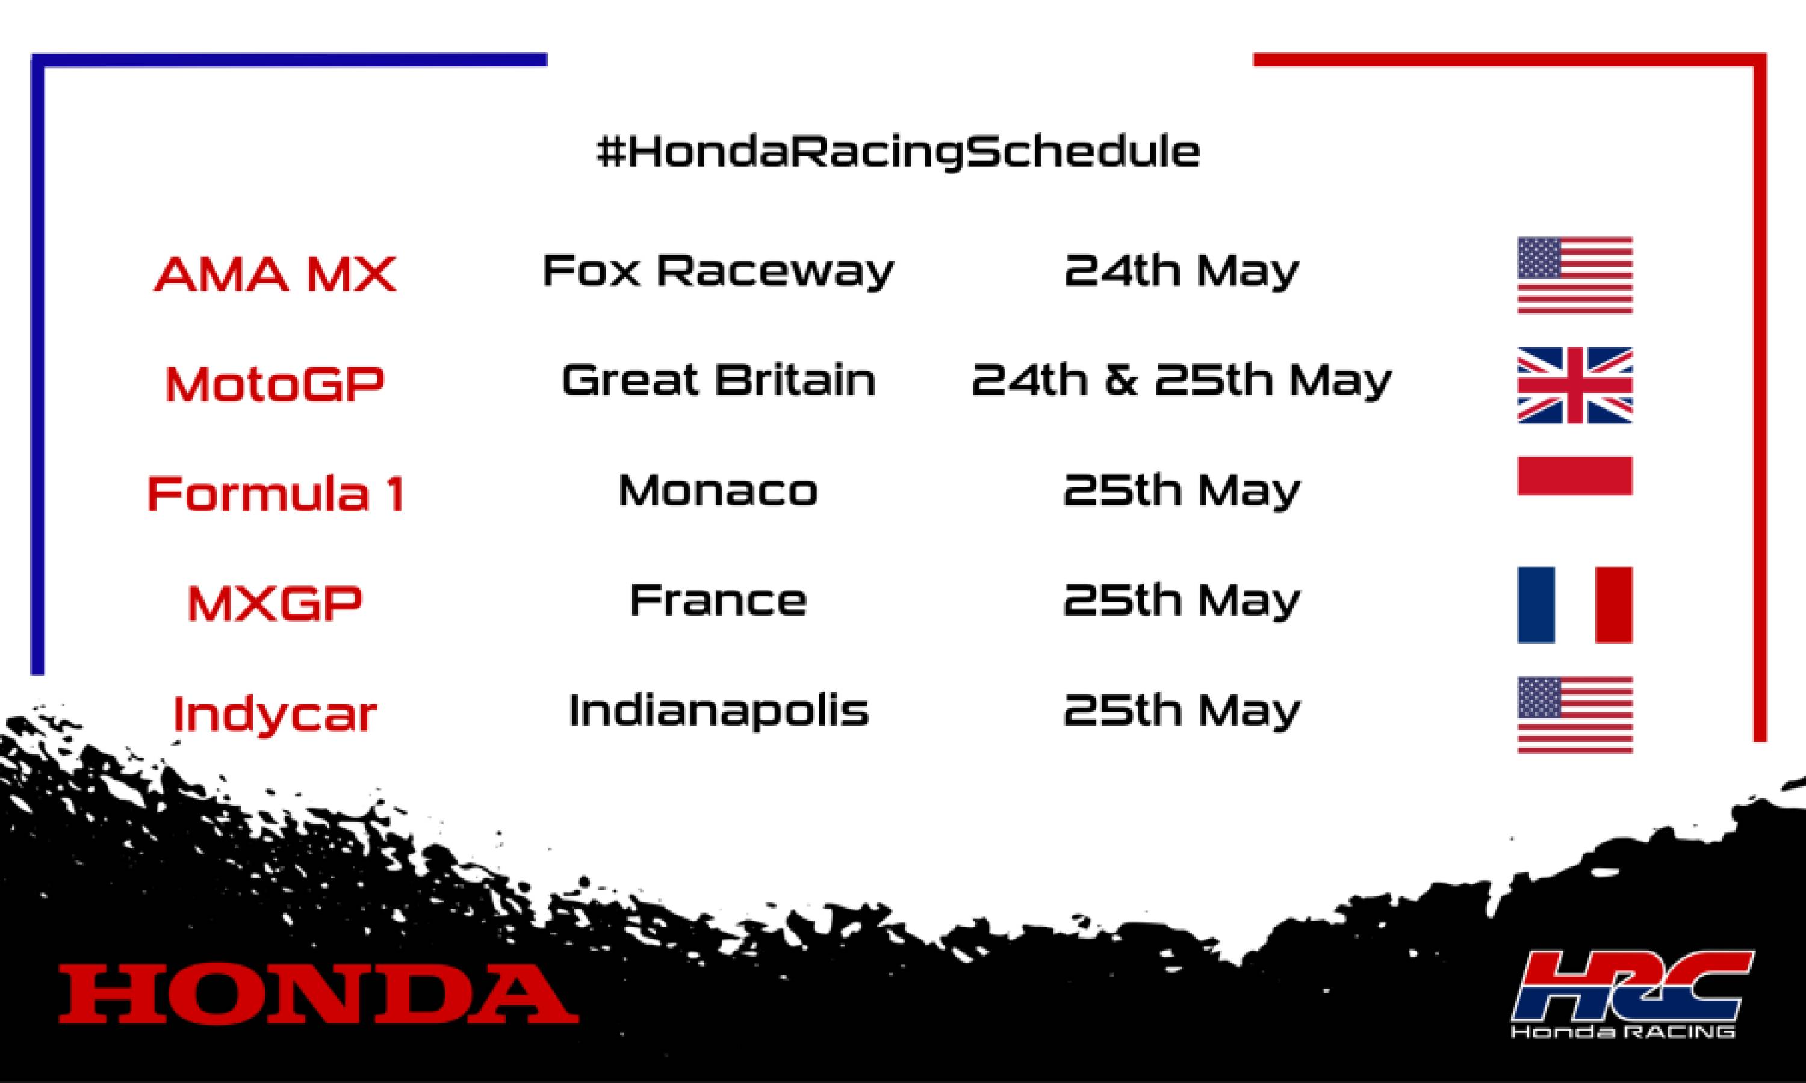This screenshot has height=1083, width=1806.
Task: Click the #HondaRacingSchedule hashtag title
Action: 898,152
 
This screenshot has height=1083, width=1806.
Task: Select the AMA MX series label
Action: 275,274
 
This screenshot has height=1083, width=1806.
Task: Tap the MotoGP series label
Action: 275,384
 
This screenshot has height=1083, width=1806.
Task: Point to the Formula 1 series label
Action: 275,493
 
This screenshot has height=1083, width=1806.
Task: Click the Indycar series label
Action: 275,713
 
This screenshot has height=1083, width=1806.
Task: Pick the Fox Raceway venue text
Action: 718,271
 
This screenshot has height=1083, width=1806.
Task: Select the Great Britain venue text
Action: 718,380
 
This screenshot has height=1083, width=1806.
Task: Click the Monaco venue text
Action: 718,490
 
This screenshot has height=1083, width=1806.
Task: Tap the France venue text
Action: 718,600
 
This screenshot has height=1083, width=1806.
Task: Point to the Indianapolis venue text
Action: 718,710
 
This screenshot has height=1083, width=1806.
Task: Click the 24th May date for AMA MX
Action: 1181,271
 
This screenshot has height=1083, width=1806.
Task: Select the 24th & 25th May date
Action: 1181,380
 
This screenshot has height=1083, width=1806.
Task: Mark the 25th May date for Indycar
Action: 1181,710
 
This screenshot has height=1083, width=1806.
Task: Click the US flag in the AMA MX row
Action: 1575,275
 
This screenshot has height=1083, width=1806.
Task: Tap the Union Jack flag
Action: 1575,384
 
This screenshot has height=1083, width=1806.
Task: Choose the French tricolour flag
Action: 1575,604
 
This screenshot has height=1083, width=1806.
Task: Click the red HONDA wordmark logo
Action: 318,994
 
